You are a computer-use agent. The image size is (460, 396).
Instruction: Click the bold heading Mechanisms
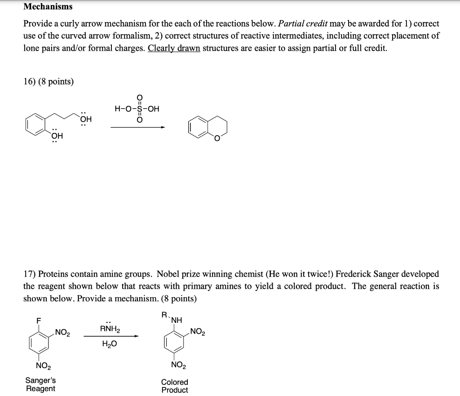coord(48,7)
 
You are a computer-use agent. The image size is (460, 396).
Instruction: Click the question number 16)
coord(31,81)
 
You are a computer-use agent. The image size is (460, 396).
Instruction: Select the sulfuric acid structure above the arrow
coord(137,109)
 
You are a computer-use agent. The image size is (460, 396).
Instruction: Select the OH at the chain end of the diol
coord(85,119)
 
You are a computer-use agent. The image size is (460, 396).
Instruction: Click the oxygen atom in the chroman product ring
coord(217,138)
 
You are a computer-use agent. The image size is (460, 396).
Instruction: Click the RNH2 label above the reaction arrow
coord(109,329)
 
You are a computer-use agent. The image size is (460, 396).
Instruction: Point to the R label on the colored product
coord(164,314)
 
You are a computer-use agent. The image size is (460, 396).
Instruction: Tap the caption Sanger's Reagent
coord(40,384)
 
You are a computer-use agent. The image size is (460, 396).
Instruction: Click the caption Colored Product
coord(175,386)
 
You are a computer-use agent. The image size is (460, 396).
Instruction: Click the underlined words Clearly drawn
coord(174,48)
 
